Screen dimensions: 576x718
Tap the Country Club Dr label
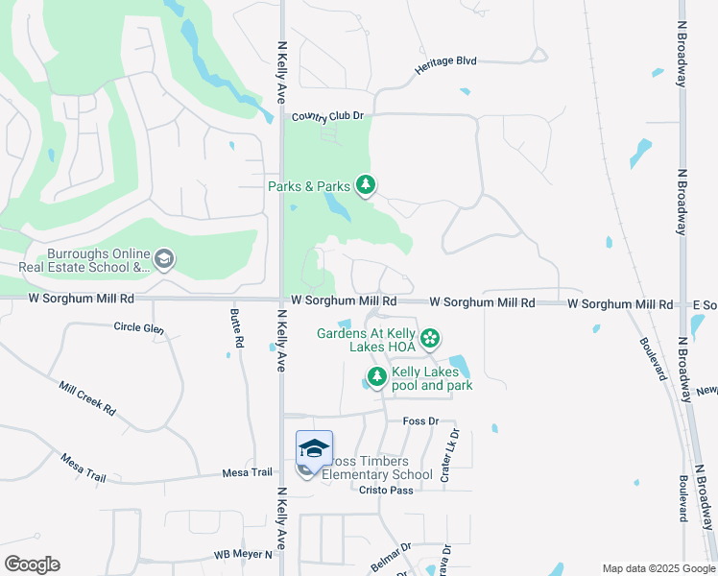[329, 116]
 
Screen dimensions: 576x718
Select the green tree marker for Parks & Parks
[365, 184]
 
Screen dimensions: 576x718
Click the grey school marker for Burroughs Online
[164, 258]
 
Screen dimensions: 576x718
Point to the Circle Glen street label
[139, 329]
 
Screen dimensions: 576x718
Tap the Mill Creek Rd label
[87, 397]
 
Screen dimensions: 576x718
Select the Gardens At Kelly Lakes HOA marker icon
[431, 337]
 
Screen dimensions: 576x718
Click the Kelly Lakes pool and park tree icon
[377, 376]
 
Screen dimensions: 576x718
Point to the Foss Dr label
[420, 420]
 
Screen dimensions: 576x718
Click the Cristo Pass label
[386, 490]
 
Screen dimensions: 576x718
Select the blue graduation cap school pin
[314, 449]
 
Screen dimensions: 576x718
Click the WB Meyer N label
[243, 554]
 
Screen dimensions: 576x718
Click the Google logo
[32, 564]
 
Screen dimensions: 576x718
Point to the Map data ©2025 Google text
[658, 568]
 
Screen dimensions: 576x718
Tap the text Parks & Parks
[308, 186]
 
